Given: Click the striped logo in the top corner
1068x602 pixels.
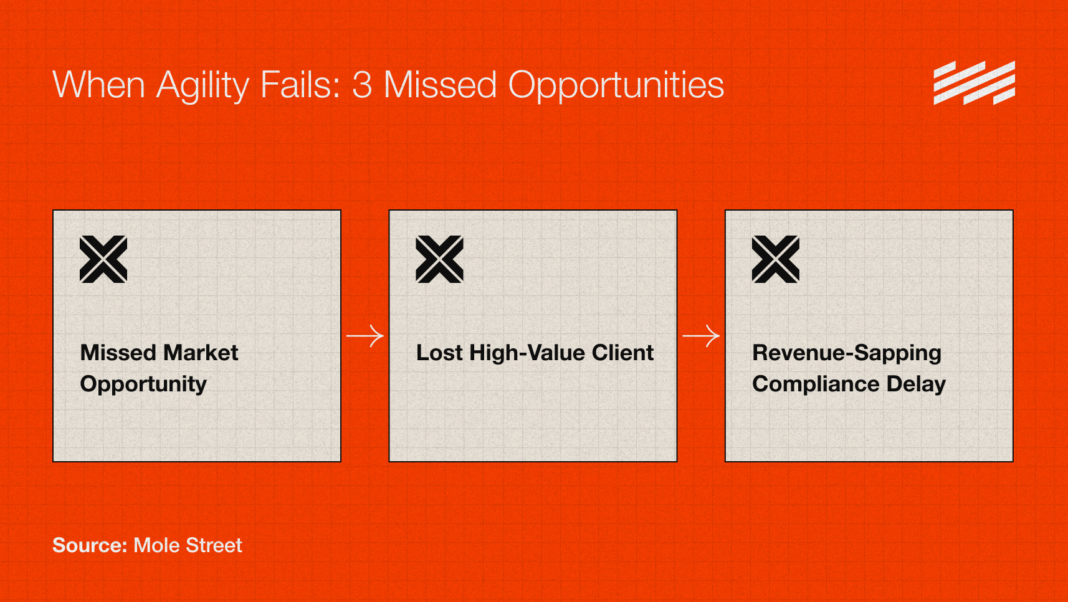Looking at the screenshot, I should [974, 83].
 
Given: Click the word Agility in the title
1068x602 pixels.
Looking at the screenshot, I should [203, 85].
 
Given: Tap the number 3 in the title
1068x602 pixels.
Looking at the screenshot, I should [362, 85].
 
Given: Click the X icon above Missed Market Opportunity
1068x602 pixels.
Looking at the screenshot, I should [103, 259].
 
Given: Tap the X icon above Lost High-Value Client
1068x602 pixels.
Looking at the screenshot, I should [439, 259].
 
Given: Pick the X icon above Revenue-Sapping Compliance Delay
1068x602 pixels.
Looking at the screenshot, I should [775, 259].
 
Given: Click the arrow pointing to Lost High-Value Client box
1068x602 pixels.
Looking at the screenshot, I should [365, 336].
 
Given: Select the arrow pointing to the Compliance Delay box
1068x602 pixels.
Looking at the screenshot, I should [701, 336].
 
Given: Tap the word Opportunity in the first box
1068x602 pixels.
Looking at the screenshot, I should [143, 385].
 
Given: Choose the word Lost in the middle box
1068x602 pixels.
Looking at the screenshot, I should [439, 353].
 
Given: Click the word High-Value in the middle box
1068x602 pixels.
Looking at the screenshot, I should [527, 353].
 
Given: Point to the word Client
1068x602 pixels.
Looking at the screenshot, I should [622, 353].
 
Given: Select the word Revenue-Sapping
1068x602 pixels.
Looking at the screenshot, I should [846, 353].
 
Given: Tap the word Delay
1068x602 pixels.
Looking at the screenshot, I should [916, 385].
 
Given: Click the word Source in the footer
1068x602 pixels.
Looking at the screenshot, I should [89, 545].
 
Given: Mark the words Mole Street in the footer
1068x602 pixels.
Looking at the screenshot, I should [188, 545].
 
